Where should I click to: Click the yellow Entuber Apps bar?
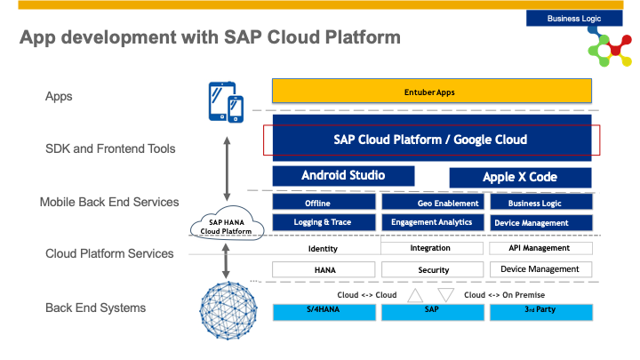[x=432, y=91]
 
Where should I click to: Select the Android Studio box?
[x=343, y=176]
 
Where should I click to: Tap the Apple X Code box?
[x=520, y=178]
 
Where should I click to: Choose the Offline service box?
[x=324, y=202]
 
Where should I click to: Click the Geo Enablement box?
[x=433, y=202]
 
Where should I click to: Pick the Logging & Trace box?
[x=324, y=222]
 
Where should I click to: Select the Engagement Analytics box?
[x=433, y=222]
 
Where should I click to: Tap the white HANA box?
[x=324, y=270]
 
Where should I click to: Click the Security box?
[x=433, y=270]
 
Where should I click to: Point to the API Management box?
[x=540, y=248]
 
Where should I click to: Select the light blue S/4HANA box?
[x=324, y=312]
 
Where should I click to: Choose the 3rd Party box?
[x=541, y=312]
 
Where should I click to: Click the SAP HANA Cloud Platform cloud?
[x=227, y=224]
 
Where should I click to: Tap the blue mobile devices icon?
[x=226, y=102]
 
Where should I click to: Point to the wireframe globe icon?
[x=228, y=310]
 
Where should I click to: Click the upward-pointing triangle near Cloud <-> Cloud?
[x=415, y=295]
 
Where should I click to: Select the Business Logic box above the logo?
[x=574, y=19]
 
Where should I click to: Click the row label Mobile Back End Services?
[x=109, y=202]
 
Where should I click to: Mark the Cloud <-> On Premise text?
[x=504, y=295]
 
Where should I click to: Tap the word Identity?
[x=323, y=249]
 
